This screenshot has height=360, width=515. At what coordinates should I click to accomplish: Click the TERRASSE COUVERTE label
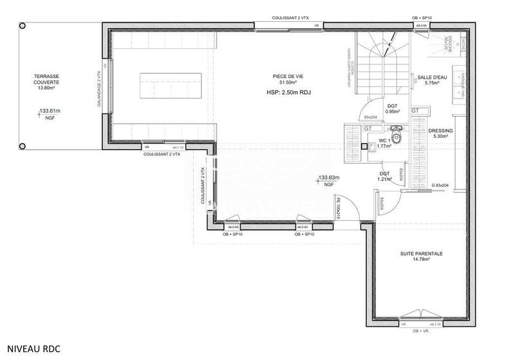(46, 82)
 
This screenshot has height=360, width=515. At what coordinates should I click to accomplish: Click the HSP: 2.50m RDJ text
(288, 93)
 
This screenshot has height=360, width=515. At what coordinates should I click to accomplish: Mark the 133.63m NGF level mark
(328, 180)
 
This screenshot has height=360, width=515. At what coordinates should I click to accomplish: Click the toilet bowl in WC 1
(397, 137)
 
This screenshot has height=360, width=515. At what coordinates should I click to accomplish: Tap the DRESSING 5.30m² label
(441, 133)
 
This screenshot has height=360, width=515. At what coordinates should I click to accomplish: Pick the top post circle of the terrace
(23, 26)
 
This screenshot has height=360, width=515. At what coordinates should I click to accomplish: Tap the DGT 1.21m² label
(385, 176)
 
